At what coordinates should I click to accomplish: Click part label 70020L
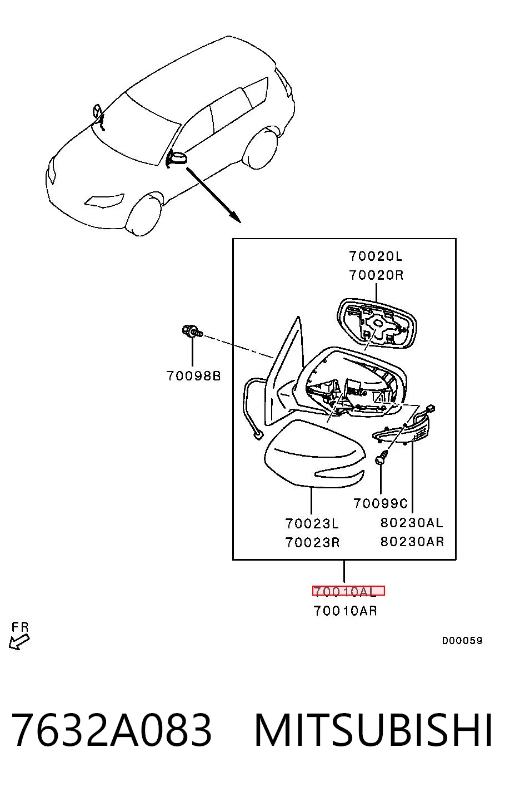pos(376,256)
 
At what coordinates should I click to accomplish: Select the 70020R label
pos(376,275)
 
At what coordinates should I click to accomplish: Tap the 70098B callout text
pos(193,375)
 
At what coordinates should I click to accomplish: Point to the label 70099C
pos(381,503)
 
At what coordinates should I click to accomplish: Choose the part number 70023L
pos(312,523)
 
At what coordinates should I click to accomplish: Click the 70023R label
pos(313,542)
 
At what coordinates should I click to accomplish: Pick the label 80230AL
pos(412,523)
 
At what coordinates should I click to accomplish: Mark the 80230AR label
pos(412,541)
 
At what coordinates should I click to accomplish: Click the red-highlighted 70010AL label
pos(348,591)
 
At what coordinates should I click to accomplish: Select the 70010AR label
pos(346,611)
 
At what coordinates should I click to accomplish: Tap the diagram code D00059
pos(462,640)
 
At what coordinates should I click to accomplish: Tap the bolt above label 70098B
pos(192,331)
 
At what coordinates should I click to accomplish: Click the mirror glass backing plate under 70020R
pos(377,323)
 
